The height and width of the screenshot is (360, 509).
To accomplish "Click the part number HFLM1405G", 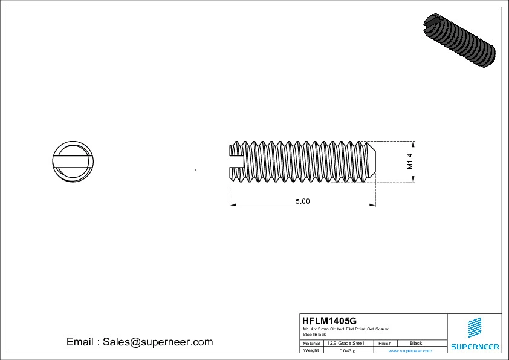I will (x=329, y=320).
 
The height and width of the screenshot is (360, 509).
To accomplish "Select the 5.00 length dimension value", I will (x=302, y=201).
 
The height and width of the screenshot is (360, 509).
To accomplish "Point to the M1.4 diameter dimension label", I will (x=409, y=162).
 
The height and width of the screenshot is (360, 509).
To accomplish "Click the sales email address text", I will (x=140, y=342).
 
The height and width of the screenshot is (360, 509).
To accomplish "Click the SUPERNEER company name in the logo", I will (x=475, y=347).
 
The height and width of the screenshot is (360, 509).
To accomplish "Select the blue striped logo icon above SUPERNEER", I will (x=475, y=327).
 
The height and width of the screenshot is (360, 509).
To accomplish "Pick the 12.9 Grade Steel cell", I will (x=345, y=343).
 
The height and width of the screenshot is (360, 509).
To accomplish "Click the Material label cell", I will (x=311, y=343).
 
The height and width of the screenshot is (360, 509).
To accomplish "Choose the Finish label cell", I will (x=385, y=343).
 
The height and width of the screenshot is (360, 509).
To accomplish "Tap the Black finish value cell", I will (x=416, y=343).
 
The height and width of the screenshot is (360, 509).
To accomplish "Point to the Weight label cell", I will (x=311, y=350).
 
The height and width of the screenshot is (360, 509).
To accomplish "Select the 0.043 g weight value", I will (x=348, y=350).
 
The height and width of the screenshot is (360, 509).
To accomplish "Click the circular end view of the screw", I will (x=72, y=161).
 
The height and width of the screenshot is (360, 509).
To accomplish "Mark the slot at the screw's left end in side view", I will (x=236, y=161).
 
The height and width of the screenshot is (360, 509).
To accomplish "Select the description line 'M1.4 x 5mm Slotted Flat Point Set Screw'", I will (x=346, y=329).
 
